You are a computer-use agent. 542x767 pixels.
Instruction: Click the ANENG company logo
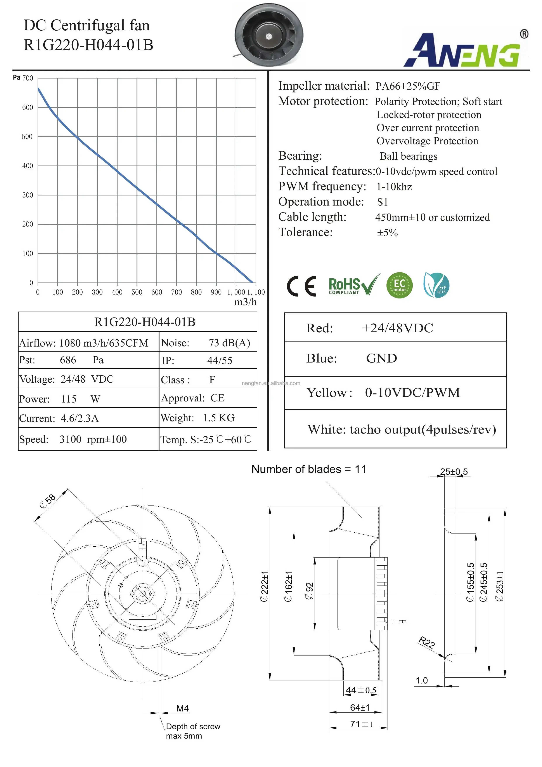pos(466,49)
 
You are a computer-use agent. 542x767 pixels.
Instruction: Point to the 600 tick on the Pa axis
pos(28,108)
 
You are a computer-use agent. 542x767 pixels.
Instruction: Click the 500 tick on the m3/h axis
pos(137,292)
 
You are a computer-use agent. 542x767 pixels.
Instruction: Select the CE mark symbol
pos(301,286)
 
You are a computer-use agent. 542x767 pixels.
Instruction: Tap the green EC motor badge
pos(400,285)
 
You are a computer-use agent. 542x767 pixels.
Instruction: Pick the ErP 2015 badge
pos(436,285)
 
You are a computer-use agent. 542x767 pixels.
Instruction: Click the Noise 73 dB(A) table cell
pos(208,343)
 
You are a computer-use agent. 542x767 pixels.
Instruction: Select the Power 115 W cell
pos(88,399)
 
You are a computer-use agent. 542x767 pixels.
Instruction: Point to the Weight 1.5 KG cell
pos(208,418)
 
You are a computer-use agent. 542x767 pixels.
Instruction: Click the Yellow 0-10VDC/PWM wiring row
pos(395,393)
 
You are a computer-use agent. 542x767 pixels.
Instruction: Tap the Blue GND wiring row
pos(395,358)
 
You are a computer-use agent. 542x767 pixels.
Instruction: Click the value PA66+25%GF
pos(407,86)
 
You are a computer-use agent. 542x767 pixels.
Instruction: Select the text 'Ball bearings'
pos(409,156)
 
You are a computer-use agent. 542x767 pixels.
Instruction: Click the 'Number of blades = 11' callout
pos(309,469)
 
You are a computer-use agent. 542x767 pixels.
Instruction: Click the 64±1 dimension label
pos(360,708)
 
